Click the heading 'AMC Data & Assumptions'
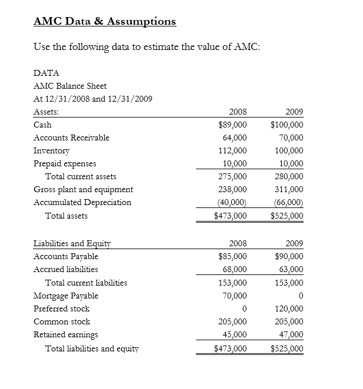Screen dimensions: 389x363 tap(105, 21)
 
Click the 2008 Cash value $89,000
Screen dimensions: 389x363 tap(232, 125)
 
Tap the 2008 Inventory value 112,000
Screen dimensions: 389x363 tap(232, 150)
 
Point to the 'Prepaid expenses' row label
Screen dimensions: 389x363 tap(65, 163)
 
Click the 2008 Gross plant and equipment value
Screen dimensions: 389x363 tap(232, 189)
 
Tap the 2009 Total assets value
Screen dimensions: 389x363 tap(287, 216)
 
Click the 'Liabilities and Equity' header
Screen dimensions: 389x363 tap(72, 243)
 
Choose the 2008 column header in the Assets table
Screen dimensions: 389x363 tap(238, 112)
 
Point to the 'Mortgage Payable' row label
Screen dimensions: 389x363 tap(66, 296)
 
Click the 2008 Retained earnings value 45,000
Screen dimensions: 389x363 tap(235, 334)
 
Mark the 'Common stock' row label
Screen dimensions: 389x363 tap(62, 321)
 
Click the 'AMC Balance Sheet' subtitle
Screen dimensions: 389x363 tap(70, 86)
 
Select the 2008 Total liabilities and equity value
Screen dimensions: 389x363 tap(230, 348)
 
